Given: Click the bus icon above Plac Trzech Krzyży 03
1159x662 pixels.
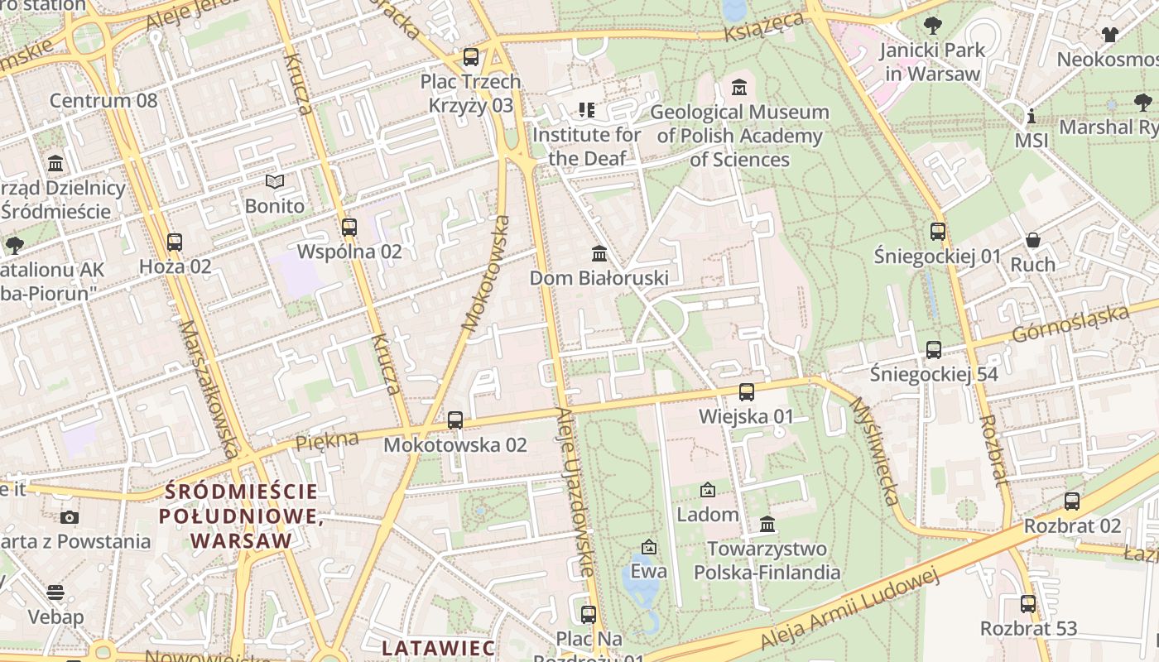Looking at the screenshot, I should [471, 57].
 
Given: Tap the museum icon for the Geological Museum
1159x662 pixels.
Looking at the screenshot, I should [739, 87].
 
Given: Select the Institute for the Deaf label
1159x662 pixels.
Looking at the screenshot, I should [586, 146].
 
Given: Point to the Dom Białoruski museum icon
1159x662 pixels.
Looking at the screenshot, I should [599, 253].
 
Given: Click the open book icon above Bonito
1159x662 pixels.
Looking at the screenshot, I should [275, 181].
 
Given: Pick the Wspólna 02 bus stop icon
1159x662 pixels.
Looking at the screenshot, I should [349, 227].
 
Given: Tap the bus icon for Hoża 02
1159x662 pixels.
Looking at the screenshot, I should [175, 242].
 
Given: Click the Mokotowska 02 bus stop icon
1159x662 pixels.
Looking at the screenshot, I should [455, 420].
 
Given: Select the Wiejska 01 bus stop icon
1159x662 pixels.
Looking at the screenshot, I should [747, 392].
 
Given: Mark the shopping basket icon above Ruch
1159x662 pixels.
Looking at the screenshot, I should [1033, 240].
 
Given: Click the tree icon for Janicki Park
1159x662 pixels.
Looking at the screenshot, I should [933, 25].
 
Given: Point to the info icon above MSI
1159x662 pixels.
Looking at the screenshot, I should [1032, 116].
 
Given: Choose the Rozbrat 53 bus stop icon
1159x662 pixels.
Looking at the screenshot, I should [1028, 604].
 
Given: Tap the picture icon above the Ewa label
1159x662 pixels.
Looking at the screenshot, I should [649, 547].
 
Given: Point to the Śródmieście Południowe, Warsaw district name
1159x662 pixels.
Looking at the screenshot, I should [241, 516].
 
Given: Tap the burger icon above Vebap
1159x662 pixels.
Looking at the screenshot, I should [55, 592].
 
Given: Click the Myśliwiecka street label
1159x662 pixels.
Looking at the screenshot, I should [874, 451].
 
